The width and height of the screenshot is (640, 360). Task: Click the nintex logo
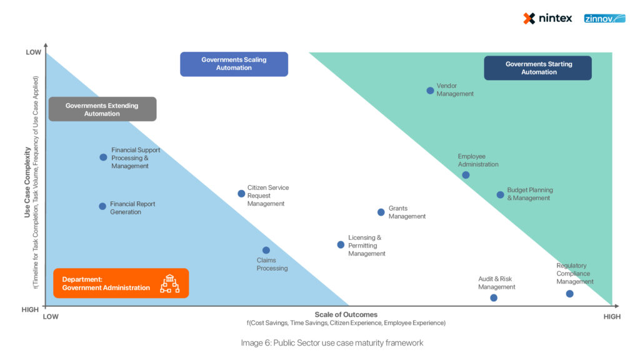click(547, 18)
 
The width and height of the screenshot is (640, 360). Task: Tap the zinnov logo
click(604, 18)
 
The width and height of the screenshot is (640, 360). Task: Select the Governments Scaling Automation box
click(234, 64)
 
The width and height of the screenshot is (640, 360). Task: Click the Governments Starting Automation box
click(537, 68)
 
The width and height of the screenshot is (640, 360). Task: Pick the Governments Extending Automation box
click(102, 109)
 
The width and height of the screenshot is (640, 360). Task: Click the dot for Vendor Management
click(430, 91)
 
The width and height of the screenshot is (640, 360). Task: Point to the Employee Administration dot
click(466, 175)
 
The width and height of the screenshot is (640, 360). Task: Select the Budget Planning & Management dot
click(500, 195)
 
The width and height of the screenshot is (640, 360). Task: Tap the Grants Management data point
click(381, 212)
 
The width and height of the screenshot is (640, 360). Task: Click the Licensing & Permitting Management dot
click(341, 245)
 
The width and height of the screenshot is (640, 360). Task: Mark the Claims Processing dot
click(266, 251)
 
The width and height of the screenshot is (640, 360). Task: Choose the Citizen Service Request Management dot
click(241, 194)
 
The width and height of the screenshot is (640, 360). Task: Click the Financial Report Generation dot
click(102, 206)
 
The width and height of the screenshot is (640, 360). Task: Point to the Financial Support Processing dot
click(103, 157)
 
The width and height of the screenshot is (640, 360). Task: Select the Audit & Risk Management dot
click(494, 298)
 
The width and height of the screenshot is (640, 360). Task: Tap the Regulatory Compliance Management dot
click(569, 294)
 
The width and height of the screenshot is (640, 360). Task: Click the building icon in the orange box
click(169, 284)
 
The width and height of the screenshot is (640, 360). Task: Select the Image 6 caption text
click(332, 343)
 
